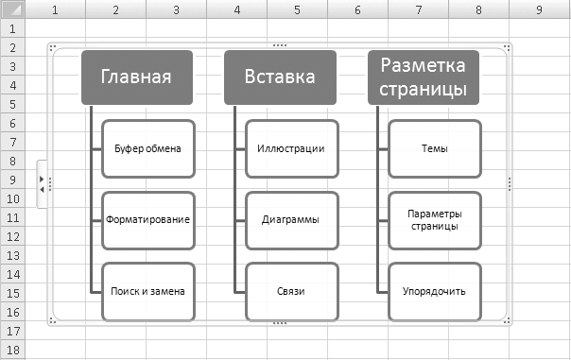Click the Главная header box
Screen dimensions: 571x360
[137, 77]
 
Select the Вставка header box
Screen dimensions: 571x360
[280, 77]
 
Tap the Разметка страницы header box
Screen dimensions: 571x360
[424, 77]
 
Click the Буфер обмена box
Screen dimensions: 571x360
[148, 149]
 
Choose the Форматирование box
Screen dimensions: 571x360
[148, 220]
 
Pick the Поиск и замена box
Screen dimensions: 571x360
[148, 292]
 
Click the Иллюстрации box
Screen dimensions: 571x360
[292, 149]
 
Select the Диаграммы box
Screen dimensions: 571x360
[292, 220]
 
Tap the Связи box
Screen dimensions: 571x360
[292, 292]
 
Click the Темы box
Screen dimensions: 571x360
[435, 149]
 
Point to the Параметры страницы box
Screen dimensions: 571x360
[435, 220]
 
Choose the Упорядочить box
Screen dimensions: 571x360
[435, 292]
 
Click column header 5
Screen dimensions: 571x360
[297, 9]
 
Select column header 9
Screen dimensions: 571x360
[540, 9]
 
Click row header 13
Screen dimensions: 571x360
[12, 255]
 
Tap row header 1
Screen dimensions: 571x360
[12, 28]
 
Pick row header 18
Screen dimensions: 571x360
[12, 351]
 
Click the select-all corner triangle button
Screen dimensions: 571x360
[12, 9]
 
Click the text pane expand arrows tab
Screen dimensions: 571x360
[42, 184]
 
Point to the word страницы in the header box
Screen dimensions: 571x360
[424, 89]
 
